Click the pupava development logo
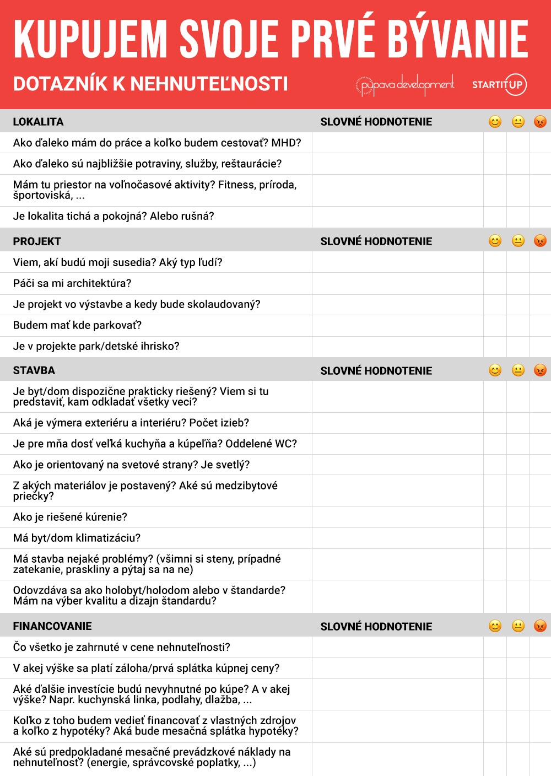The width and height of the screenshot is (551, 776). point(405,85)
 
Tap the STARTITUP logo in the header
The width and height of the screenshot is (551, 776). point(499,84)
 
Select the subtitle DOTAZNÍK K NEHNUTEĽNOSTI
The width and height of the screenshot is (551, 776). point(150,84)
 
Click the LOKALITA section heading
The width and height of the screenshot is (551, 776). point(38,122)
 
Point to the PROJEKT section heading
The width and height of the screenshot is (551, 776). point(37,241)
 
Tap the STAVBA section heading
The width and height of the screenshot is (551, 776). point(34,370)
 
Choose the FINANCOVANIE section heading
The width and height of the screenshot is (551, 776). point(52,626)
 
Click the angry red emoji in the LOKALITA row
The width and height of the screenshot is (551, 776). point(540,121)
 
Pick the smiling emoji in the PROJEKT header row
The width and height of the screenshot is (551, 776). point(495,241)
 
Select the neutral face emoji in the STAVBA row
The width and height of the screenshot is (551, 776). point(518,370)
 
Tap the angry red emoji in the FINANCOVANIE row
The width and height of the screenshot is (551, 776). point(540,626)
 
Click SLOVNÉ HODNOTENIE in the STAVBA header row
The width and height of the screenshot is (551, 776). point(376,370)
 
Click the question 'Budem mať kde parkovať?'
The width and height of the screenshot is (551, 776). point(77,325)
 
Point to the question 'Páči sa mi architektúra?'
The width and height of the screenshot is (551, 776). point(72,283)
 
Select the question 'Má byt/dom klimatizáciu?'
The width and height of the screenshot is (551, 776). point(77,538)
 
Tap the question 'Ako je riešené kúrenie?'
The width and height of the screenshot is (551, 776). point(70,517)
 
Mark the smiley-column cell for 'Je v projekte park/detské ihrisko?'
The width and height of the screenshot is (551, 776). point(495,347)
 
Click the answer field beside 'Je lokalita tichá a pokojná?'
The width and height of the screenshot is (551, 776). point(397,217)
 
